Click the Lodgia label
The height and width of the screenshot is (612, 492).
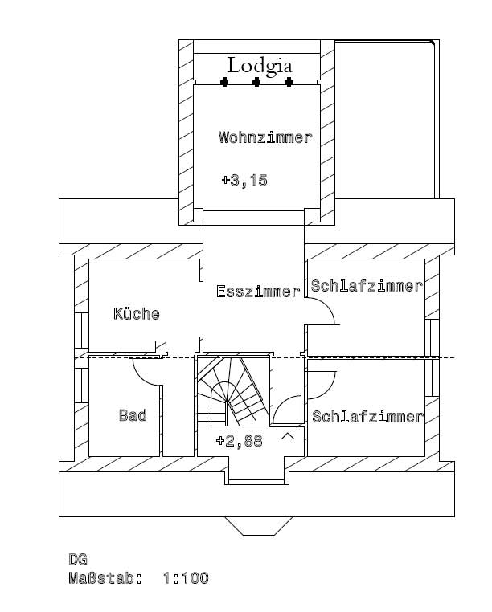click(260, 66)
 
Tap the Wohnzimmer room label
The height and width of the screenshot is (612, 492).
click(265, 137)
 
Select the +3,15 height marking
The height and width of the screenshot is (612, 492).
click(244, 181)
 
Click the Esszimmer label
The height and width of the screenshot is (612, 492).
click(258, 292)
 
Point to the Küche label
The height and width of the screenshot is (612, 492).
click(137, 314)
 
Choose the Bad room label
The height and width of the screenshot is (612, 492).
click(133, 415)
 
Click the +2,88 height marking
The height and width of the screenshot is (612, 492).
click(239, 441)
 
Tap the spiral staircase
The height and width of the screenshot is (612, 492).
click(233, 390)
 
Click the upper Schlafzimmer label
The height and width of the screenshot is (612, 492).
click(367, 286)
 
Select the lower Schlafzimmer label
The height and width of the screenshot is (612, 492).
click(367, 417)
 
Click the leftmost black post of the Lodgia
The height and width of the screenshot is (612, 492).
click(224, 82)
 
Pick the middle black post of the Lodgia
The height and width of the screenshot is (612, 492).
click(256, 82)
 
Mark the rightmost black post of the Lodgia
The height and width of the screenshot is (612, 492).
click(289, 82)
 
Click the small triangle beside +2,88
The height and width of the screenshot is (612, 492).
click(288, 436)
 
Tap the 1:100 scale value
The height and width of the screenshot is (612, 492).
click(186, 578)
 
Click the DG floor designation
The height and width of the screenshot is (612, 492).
click(78, 560)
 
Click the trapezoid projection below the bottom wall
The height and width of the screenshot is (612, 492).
click(259, 526)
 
